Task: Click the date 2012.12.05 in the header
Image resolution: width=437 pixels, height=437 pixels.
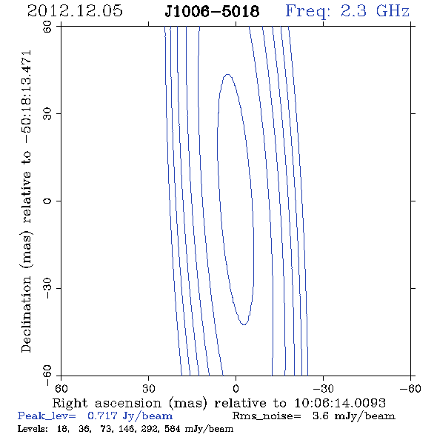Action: click(x=75, y=11)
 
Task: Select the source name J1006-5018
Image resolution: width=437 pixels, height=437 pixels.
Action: click(x=212, y=11)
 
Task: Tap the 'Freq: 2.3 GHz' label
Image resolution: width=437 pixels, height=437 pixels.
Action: click(x=347, y=12)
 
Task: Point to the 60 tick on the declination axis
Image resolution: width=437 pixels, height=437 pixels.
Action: click(x=47, y=27)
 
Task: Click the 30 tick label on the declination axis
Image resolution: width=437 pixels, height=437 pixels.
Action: click(x=47, y=114)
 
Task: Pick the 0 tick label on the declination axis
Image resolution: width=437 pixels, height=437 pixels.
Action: click(x=47, y=201)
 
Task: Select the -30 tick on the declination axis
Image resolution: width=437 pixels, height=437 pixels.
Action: click(x=47, y=288)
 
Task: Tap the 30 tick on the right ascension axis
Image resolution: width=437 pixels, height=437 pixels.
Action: click(x=149, y=389)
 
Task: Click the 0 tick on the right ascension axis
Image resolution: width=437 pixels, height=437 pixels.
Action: click(x=236, y=389)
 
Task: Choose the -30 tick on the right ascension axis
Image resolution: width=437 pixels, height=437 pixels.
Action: click(x=323, y=389)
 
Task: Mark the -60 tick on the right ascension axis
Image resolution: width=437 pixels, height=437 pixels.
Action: click(x=410, y=389)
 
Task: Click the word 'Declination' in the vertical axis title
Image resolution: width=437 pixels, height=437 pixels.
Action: click(x=26, y=315)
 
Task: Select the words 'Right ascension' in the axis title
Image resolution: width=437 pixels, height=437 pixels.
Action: click(x=107, y=403)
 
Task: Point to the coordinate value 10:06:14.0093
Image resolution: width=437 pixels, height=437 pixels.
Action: click(x=340, y=403)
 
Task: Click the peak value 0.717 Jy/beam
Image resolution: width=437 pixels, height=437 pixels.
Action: click(x=130, y=416)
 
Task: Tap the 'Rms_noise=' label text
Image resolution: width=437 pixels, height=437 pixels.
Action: click(x=267, y=416)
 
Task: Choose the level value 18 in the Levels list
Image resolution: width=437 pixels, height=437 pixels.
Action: click(x=62, y=429)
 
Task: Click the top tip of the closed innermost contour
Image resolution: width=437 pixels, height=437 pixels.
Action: click(x=227, y=74)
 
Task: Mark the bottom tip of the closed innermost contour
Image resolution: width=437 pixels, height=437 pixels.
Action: click(x=244, y=324)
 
